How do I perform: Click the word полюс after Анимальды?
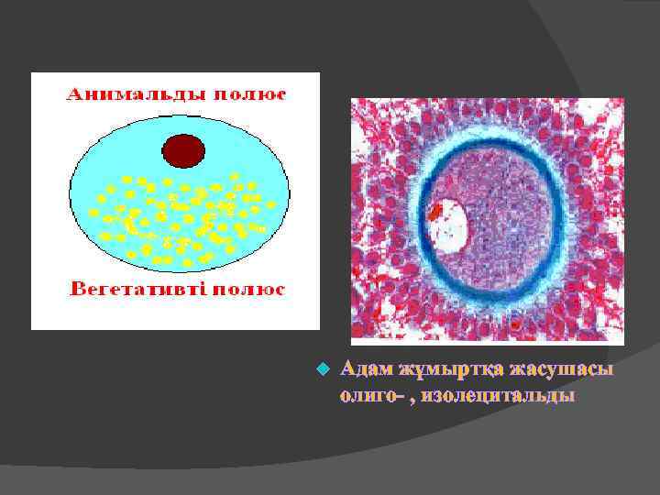(x=251, y=94)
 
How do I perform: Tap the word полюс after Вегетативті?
(x=250, y=290)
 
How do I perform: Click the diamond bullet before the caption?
(x=321, y=370)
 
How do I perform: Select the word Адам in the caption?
(x=366, y=369)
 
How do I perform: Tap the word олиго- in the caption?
(x=367, y=396)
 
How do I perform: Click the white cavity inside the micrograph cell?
(x=448, y=227)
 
